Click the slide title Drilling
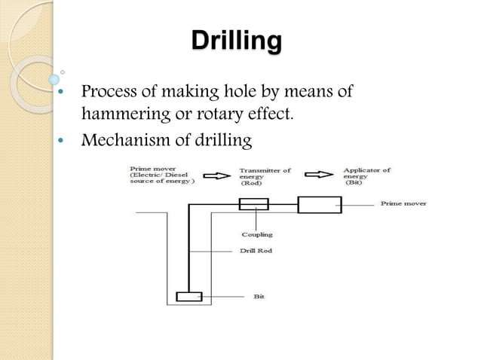tap(237, 41)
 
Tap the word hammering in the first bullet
tap(126, 114)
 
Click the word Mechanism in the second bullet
tap(125, 140)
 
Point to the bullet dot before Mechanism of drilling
tap(61, 140)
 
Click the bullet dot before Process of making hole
tap(61, 91)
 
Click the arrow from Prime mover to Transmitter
tap(217, 176)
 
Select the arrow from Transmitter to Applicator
tap(319, 174)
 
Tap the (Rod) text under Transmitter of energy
tap(251, 183)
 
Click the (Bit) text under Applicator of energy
tap(354, 182)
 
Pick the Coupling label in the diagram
tap(257, 235)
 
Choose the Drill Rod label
tap(256, 251)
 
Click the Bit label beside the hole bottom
tap(259, 296)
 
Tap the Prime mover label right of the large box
tap(403, 203)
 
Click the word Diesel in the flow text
tap(176, 175)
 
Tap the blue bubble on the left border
tap(54, 80)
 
